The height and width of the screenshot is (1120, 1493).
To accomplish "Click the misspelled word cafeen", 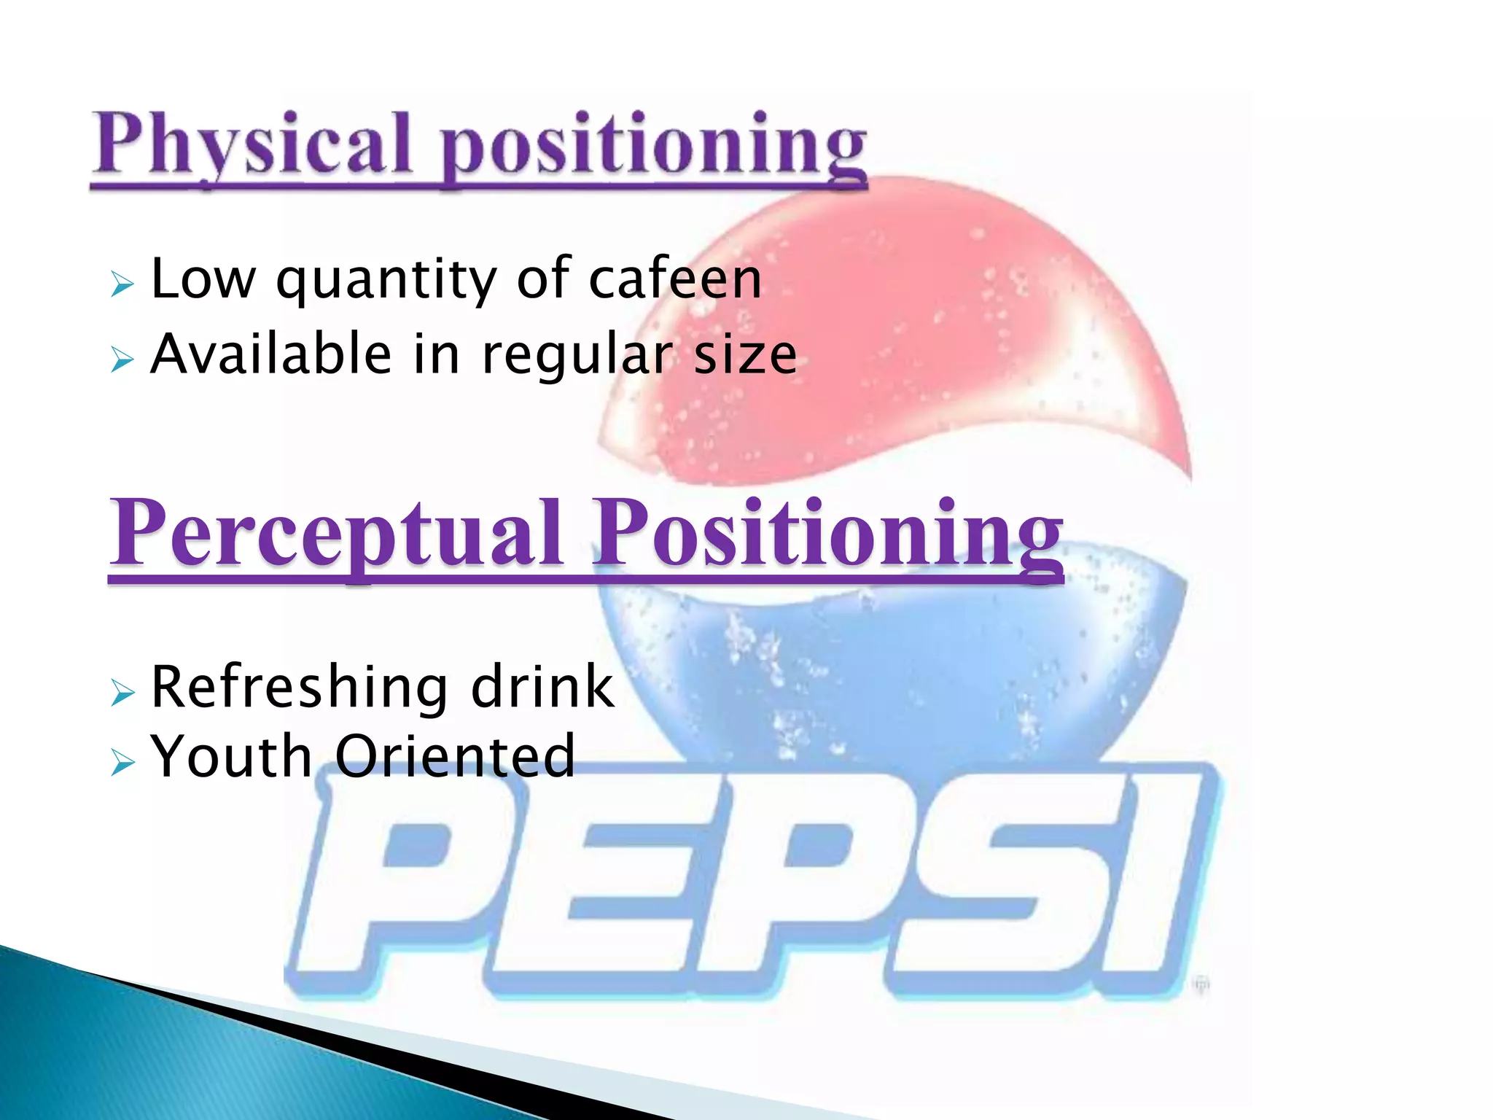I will click(675, 280).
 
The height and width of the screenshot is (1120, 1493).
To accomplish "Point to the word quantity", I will click(386, 281).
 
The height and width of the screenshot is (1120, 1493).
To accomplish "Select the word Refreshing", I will click(299, 688).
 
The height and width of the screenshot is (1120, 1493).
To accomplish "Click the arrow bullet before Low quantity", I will click(122, 284).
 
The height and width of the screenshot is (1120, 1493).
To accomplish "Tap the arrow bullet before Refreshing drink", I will click(122, 693).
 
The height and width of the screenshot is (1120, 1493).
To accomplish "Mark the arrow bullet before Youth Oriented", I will click(122, 763).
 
